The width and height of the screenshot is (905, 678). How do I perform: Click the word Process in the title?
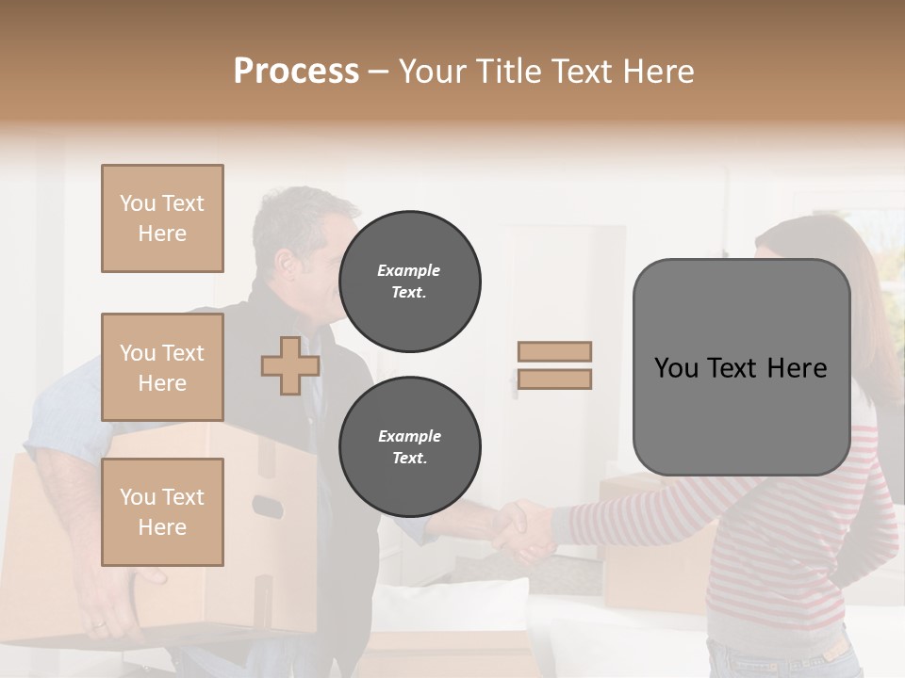pos(296,72)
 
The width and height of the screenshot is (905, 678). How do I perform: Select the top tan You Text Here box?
pos(162,218)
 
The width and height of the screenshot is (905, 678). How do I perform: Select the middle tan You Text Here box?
pos(162,367)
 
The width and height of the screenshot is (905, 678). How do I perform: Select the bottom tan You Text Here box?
pos(162,511)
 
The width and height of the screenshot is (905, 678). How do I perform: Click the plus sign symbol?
pos(290,365)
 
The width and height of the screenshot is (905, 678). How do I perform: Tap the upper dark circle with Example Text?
pos(409,282)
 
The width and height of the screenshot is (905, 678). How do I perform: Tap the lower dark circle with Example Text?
pos(409,447)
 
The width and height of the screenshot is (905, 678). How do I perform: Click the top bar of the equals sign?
pos(554,352)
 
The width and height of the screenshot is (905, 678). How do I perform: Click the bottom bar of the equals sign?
pos(554,379)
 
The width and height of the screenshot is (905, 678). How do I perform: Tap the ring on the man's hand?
pos(99,624)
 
